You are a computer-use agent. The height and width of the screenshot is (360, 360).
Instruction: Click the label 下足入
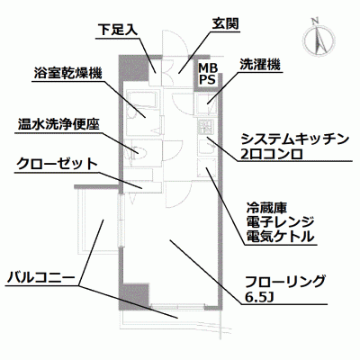pyautogui.click(x=118, y=31)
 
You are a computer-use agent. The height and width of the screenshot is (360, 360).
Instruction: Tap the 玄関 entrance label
pyautogui.click(x=226, y=24)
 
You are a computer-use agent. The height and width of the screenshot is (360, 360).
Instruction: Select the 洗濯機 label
pyautogui.click(x=260, y=65)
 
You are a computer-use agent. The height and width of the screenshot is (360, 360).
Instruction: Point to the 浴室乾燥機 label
pyautogui.click(x=67, y=73)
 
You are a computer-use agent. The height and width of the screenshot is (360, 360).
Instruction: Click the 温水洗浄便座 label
pyautogui.click(x=58, y=124)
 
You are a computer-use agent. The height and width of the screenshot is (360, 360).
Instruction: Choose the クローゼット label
pyautogui.click(x=57, y=164)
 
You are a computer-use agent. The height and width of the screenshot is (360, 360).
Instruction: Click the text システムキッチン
pyautogui.click(x=295, y=139)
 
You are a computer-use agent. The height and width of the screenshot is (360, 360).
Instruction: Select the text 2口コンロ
pyautogui.click(x=272, y=154)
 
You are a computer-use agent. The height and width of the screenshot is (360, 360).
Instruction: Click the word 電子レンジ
pyautogui.click(x=280, y=222)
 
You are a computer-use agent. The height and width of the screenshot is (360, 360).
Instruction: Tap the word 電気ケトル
pyautogui.click(x=280, y=237)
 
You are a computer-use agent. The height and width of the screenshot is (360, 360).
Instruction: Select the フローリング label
pyautogui.click(x=285, y=282)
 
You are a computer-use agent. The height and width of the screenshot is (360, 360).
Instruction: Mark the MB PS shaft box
pyautogui.click(x=208, y=73)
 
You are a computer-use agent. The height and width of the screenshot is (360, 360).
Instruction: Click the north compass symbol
pyautogui.click(x=319, y=40)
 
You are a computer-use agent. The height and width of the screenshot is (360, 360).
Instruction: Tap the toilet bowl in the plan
pyautogui.click(x=139, y=153)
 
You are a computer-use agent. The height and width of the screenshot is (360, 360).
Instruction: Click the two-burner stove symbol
pyautogui.click(x=206, y=127)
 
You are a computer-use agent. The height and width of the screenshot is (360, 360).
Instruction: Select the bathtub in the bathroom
pyautogui.click(x=142, y=99)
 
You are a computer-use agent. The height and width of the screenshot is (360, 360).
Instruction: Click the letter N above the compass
pyautogui.click(x=315, y=21)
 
